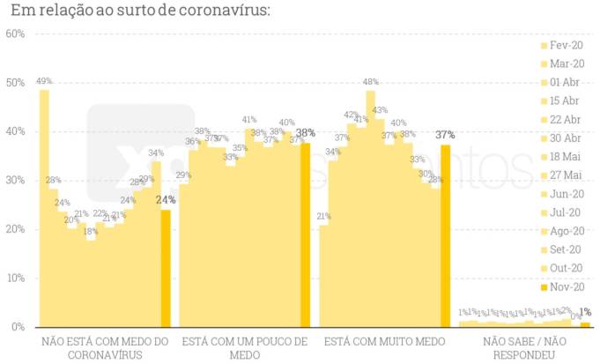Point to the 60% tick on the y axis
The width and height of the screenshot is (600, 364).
pos(15,33)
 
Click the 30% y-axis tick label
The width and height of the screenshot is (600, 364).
pos(15,180)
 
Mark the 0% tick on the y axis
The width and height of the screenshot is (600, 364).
pos(18,326)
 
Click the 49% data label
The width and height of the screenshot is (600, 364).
pos(44,81)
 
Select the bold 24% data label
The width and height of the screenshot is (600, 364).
pos(166,200)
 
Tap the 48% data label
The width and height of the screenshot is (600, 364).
pos(371,82)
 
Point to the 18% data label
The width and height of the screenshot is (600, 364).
pos(91,231)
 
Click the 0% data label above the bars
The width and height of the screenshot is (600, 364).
pos(574,315)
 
